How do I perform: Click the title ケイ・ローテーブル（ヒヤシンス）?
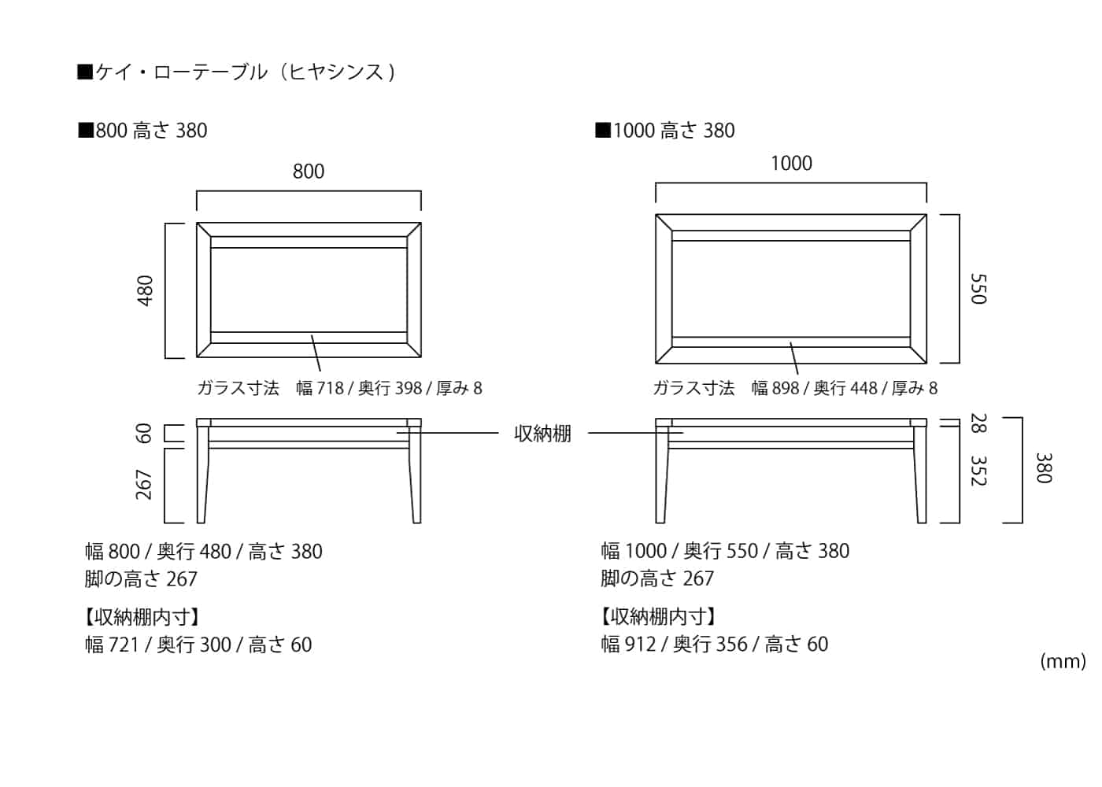click(x=236, y=72)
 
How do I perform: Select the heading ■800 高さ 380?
click(x=142, y=131)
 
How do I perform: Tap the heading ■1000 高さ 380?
click(x=665, y=131)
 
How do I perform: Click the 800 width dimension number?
click(x=309, y=172)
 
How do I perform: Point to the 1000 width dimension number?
click(x=791, y=163)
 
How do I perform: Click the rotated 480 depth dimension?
click(x=145, y=290)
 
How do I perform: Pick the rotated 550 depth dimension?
click(x=978, y=289)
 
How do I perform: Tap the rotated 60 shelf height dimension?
click(x=143, y=434)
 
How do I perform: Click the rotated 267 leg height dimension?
click(x=143, y=485)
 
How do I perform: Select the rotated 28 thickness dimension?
click(x=978, y=423)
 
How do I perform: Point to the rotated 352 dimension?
click(x=978, y=471)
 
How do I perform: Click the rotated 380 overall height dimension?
click(x=1044, y=467)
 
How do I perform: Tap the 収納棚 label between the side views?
click(x=542, y=434)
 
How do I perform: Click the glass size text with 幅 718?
click(x=339, y=388)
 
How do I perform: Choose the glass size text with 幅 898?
click(x=795, y=388)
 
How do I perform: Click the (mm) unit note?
click(x=1063, y=661)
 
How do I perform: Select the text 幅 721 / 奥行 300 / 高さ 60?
click(x=198, y=645)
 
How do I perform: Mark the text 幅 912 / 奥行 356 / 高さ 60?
click(x=715, y=644)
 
